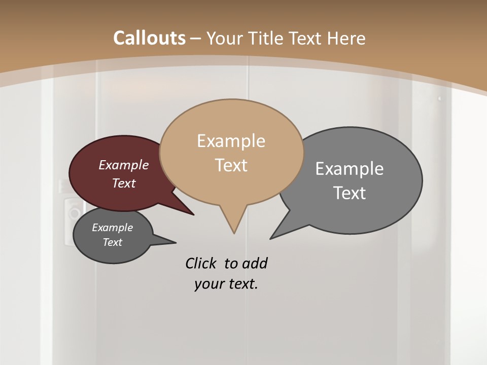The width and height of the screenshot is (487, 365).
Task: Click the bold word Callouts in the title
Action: click(x=149, y=38)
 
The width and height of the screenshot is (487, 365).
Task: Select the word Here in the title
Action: click(x=346, y=38)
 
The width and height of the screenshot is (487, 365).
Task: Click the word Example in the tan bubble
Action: click(x=231, y=141)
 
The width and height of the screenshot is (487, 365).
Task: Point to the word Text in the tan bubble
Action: click(x=231, y=165)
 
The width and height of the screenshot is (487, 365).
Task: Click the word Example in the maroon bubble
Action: click(x=123, y=165)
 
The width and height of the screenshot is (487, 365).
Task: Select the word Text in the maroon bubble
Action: click(x=123, y=183)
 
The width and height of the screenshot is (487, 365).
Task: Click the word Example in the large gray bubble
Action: click(x=350, y=169)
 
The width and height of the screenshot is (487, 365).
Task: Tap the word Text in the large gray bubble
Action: click(x=350, y=193)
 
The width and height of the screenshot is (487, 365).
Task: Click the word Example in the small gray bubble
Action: click(x=112, y=228)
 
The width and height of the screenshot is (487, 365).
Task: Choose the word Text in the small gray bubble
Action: click(x=112, y=242)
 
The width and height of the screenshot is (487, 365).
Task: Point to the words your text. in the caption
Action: click(x=226, y=284)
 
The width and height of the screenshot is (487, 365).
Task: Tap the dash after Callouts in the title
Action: click(x=196, y=39)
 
